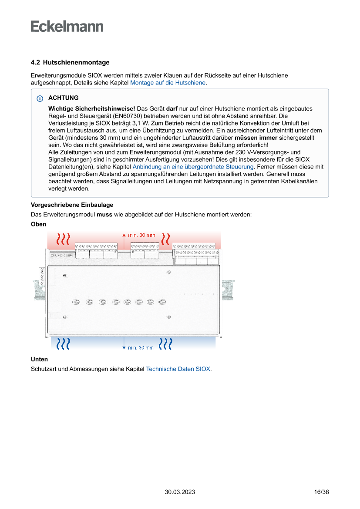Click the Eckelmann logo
click(x=67, y=26)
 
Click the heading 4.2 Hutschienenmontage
click(x=70, y=63)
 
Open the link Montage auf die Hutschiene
click(x=168, y=82)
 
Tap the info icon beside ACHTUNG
click(x=40, y=98)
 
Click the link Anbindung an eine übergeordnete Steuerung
click(x=193, y=166)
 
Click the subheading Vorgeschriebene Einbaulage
click(x=72, y=205)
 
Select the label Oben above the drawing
click(x=38, y=224)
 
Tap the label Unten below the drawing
click(x=39, y=359)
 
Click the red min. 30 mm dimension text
click(x=141, y=235)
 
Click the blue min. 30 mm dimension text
click(x=141, y=347)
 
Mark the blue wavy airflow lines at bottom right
click(x=165, y=344)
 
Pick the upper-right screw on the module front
click(x=169, y=272)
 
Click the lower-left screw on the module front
click(x=65, y=317)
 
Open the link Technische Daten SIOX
click(x=178, y=369)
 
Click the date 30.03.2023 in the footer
click(x=180, y=492)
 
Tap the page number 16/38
click(x=321, y=492)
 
